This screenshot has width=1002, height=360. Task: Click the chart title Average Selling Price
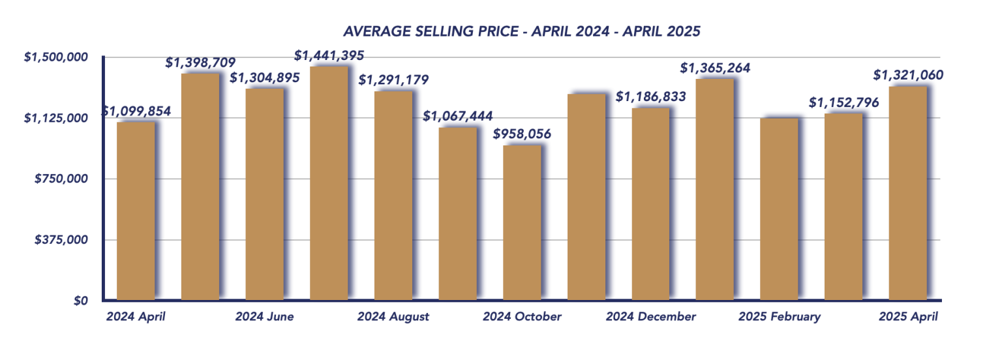point(522,31)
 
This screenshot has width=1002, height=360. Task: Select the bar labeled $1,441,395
point(329,183)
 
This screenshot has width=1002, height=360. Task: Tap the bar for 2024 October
point(522,222)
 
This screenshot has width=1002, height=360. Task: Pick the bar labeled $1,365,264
point(715,189)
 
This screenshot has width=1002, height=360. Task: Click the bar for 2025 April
point(908,193)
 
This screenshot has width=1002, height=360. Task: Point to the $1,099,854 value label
point(136,112)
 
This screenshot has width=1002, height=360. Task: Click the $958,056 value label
point(522,134)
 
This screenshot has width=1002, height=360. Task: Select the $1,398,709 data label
point(200,63)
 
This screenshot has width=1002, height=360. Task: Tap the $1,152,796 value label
point(843,103)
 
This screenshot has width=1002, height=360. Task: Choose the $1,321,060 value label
point(908,76)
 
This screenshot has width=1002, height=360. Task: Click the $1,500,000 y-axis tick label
point(55,57)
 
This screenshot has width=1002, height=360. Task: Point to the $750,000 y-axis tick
point(61,179)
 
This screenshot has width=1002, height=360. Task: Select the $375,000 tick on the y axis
point(61,240)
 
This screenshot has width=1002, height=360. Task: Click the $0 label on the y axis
point(80,301)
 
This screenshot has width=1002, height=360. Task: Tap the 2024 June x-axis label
point(264,317)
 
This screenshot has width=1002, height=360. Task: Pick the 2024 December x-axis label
point(650,317)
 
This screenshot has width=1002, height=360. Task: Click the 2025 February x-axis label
point(779,317)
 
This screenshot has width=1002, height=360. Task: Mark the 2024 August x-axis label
point(393,317)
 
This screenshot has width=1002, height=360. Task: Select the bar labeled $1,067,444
point(457,213)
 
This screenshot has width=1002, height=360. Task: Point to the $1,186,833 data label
point(650,97)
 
